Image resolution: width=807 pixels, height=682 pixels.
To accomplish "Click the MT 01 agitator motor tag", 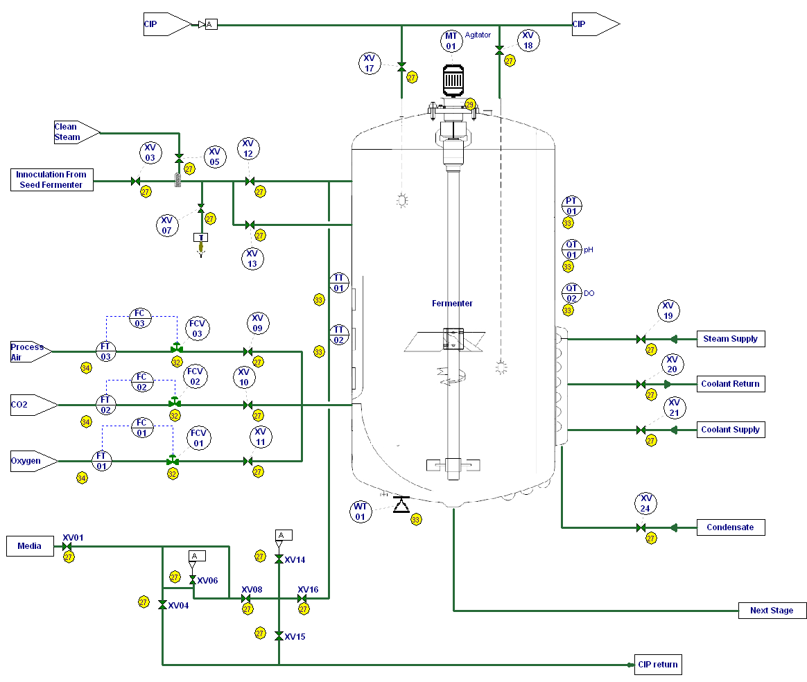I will (451, 41).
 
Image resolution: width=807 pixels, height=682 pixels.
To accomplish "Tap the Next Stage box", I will (772, 611).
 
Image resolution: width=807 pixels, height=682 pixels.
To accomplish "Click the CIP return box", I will (657, 665).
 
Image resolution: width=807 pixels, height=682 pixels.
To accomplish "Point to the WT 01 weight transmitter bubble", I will (360, 512).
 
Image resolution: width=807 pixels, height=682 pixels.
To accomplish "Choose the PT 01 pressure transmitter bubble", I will (572, 206).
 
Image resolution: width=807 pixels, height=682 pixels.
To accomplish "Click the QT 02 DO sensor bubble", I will (572, 293).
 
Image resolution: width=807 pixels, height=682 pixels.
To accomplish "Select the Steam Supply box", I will (731, 339).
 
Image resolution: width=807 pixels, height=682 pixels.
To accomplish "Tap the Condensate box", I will (731, 527).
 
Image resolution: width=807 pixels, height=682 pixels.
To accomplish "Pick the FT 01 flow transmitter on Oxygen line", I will (102, 461).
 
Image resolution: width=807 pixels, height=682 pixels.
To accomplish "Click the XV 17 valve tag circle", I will (370, 63).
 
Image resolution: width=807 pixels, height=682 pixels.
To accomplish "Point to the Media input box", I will (30, 546).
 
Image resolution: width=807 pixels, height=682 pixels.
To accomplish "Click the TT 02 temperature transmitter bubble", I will (339, 335).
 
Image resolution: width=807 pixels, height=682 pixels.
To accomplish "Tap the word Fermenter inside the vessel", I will (452, 304).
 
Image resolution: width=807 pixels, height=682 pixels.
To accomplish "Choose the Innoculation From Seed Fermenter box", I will (52, 180).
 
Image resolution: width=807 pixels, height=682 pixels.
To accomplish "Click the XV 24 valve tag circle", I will (645, 503).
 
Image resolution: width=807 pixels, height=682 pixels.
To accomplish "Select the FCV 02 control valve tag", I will (195, 377).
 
